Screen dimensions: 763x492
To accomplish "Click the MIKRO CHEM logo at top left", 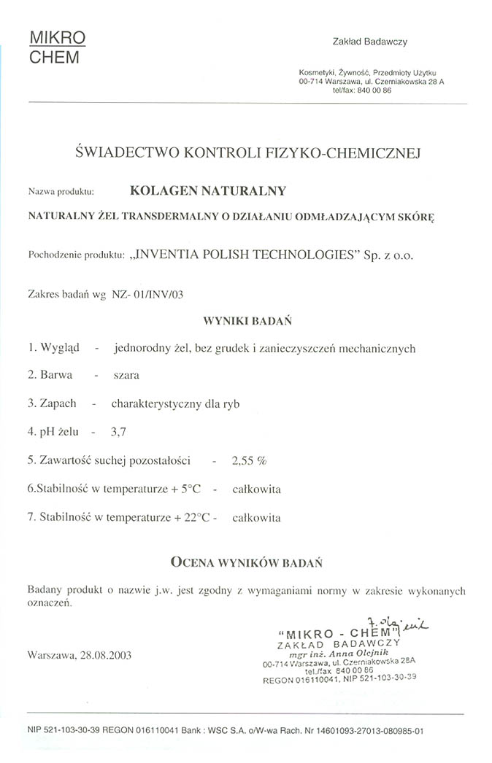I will pyautogui.click(x=58, y=47).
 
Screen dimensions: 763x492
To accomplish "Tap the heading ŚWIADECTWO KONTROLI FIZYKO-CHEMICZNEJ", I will pyautogui.click(x=248, y=152).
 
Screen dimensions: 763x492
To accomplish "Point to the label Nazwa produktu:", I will pyautogui.click(x=62, y=192).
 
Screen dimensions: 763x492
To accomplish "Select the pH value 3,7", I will pyautogui.click(x=118, y=432).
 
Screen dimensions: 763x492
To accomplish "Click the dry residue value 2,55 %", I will pyautogui.click(x=248, y=460).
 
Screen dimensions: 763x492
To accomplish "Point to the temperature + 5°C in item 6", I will pyautogui.click(x=185, y=489).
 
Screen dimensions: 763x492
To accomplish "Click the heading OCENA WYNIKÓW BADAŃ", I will pyautogui.click(x=247, y=562).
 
